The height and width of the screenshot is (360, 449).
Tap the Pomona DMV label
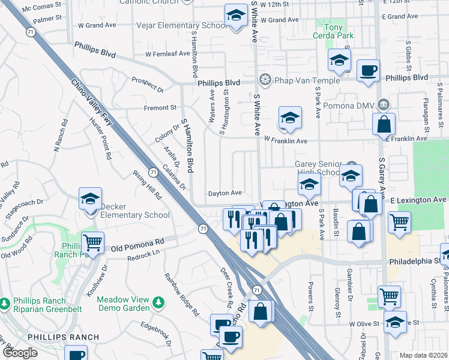pyautogui.click(x=352, y=106)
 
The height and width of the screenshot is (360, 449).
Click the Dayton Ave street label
pyautogui.click(x=224, y=193)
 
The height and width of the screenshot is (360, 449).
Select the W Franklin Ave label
pyautogui.click(x=286, y=141)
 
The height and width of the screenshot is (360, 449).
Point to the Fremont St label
pyautogui.click(x=160, y=108)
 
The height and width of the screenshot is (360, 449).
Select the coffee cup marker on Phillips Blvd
pyautogui.click(x=367, y=70)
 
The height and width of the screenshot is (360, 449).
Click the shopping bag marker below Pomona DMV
pyautogui.click(x=384, y=124)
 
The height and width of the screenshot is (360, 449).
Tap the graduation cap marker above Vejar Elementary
pyautogui.click(x=236, y=14)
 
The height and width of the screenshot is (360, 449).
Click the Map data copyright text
pyautogui.click(x=423, y=355)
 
